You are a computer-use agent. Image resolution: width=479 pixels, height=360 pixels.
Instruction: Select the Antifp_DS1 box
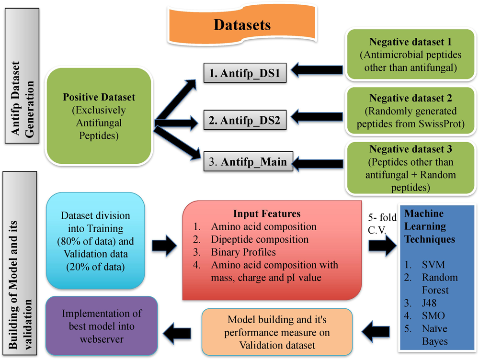(245, 74)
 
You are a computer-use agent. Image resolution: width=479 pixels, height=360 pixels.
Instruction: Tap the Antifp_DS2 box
(245, 120)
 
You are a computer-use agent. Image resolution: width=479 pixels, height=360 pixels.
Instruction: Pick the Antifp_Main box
(245, 162)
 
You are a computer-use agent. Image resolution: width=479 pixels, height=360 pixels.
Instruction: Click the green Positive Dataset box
(99, 116)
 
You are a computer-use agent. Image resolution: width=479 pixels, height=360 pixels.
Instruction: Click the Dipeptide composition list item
(260, 238)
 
